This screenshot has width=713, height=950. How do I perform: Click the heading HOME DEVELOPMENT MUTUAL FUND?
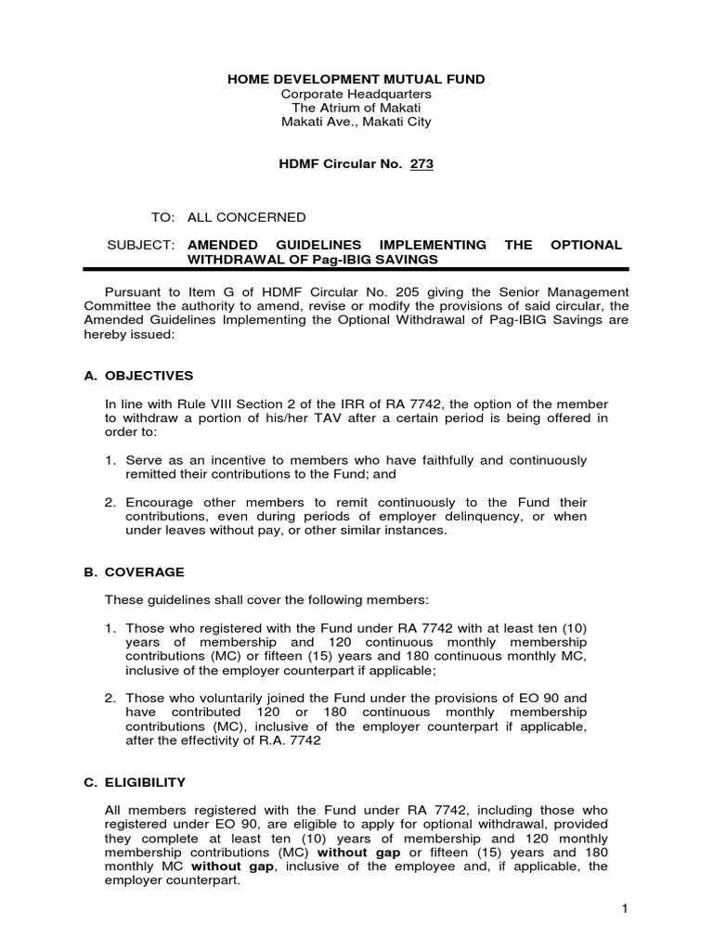tap(356, 80)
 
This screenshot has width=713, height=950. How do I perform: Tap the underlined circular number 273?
tap(421, 164)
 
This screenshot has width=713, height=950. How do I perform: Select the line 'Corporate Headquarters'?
tap(356, 94)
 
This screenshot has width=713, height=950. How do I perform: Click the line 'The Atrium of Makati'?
tap(356, 108)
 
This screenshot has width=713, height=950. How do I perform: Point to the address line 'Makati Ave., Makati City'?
tap(356, 122)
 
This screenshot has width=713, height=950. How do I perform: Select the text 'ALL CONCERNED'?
tap(247, 217)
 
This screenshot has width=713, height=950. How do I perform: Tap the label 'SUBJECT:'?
tap(142, 245)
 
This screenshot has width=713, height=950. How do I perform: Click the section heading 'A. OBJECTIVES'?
tap(138, 376)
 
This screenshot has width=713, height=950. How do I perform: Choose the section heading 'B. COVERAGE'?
tap(134, 572)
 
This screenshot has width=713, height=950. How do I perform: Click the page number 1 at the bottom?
tap(626, 909)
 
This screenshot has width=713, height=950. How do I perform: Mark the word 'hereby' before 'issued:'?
tap(104, 334)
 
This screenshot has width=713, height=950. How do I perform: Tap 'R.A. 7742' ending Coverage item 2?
tap(290, 740)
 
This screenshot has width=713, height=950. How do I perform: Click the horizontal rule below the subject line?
tap(356, 270)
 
